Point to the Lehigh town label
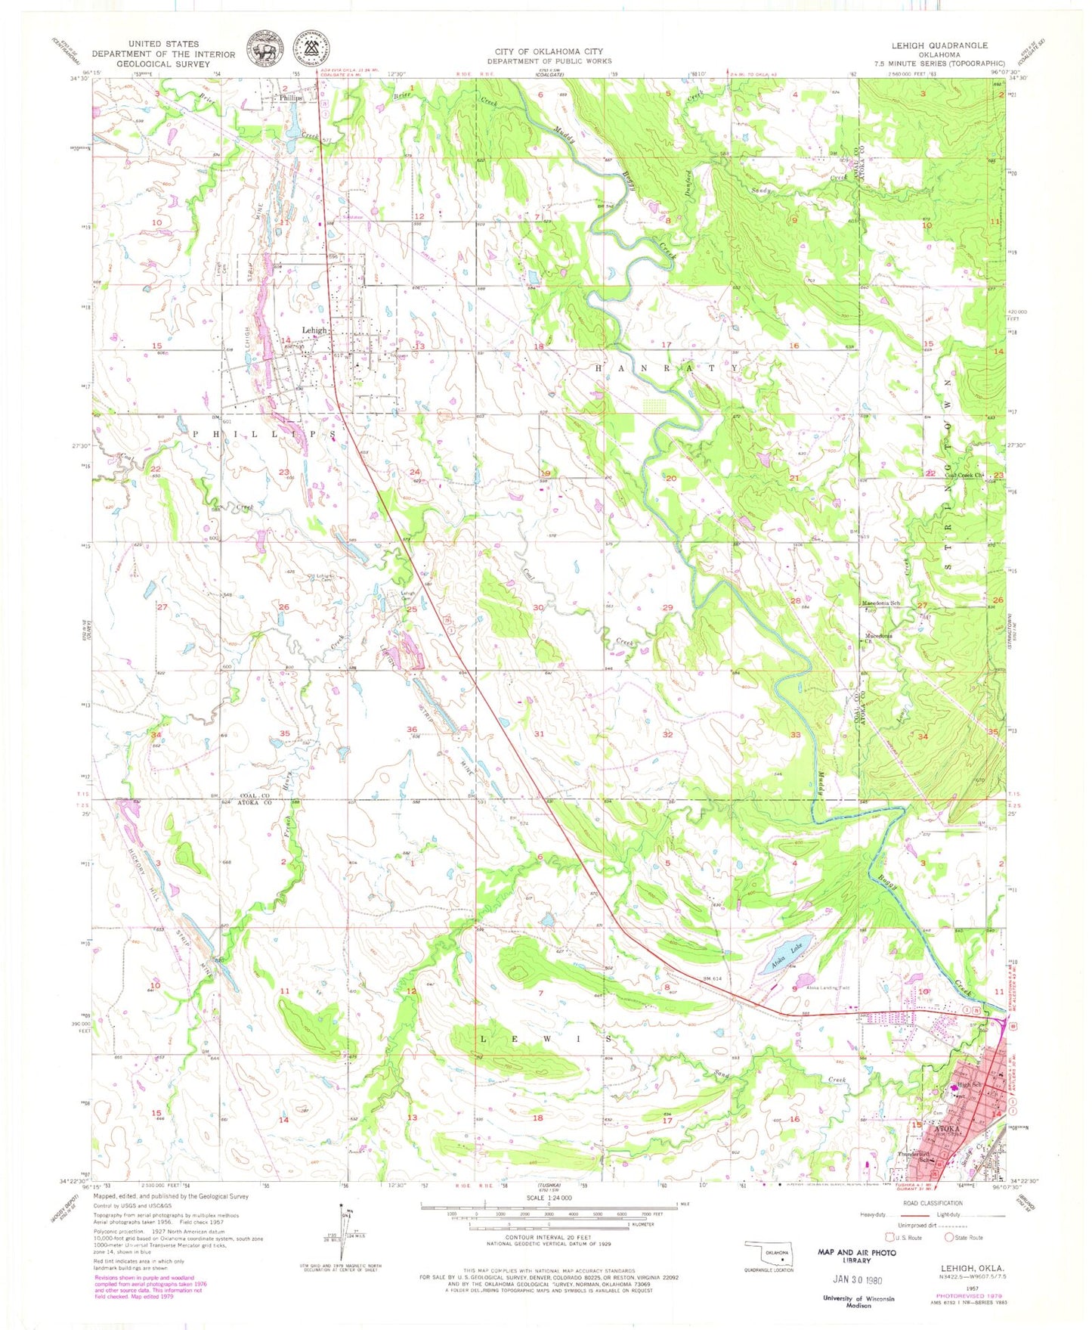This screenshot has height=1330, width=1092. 314,330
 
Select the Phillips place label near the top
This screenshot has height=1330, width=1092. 290,98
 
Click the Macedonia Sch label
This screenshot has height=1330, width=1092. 882,603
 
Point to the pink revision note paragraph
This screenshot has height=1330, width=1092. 150,1285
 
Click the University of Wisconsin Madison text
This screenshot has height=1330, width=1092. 858,1302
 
